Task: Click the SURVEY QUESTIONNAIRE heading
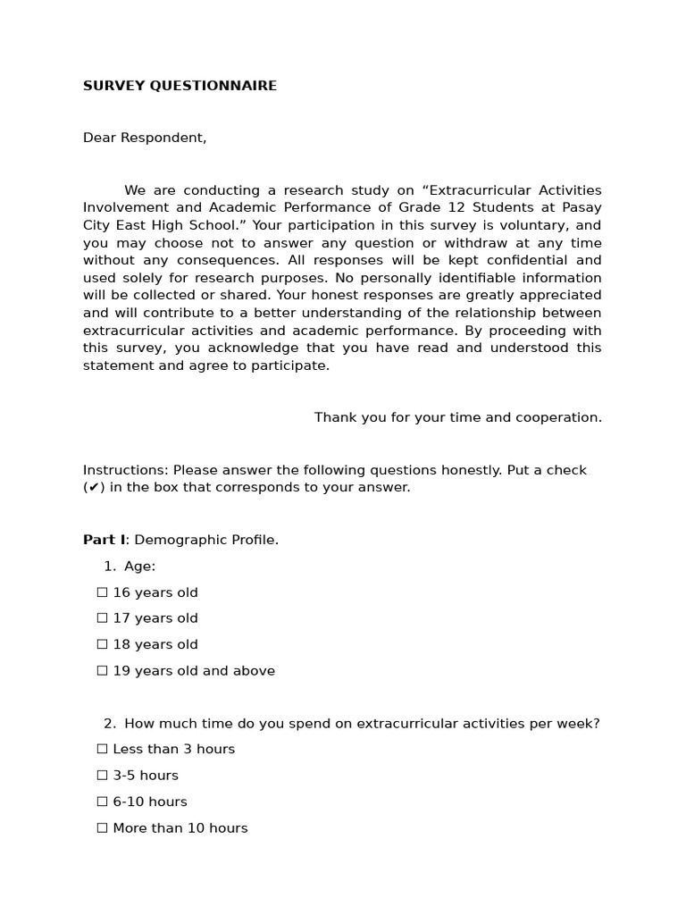pos(180,86)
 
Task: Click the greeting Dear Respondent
pos(145,138)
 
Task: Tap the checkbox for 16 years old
pos(102,592)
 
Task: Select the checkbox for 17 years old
pos(102,618)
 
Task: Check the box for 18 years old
pos(102,644)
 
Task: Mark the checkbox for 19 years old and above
pos(102,671)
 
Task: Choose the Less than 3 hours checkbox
pos(102,749)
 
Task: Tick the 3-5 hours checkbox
pos(102,776)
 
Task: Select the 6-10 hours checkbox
pos(102,802)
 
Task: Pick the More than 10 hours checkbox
pos(102,828)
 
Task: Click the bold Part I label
pos(104,540)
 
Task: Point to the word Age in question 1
pos(138,567)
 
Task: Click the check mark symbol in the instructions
pos(94,488)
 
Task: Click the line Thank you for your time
pos(457,417)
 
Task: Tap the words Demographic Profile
pos(206,540)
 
